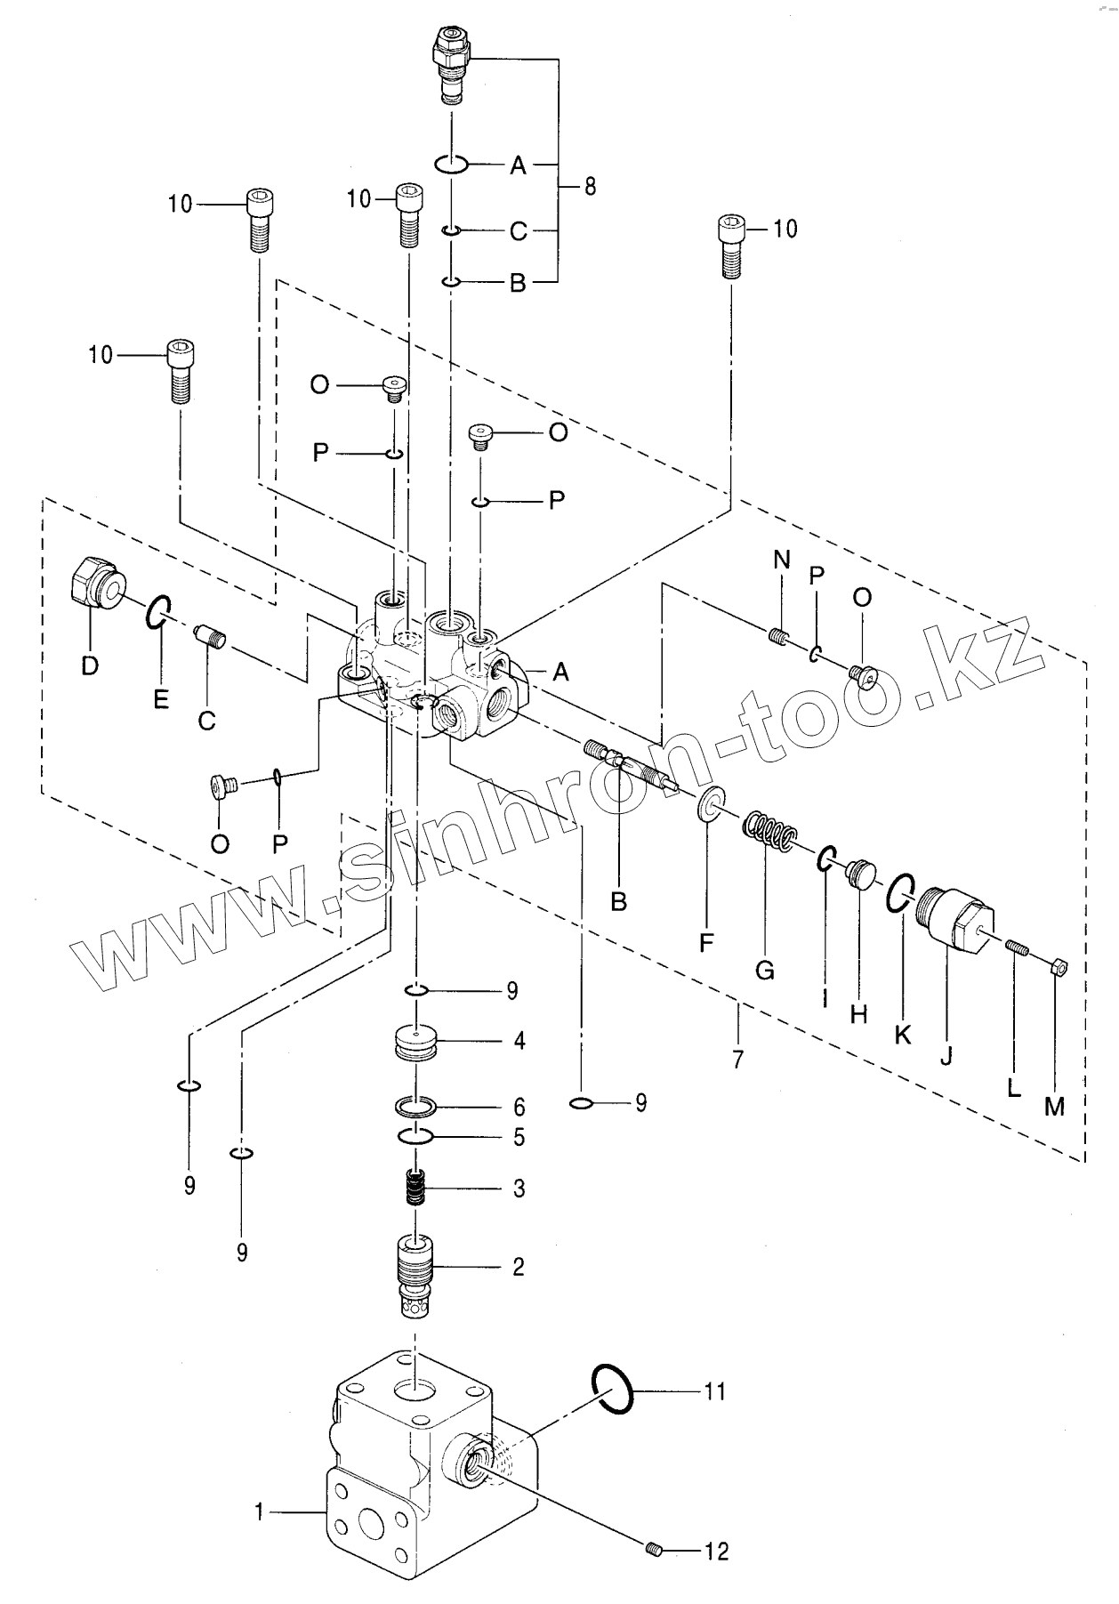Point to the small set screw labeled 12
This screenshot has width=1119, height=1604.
655,1552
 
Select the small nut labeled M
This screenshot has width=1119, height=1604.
1058,967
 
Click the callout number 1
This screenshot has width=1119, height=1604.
260,1511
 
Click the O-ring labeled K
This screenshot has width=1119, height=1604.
898,891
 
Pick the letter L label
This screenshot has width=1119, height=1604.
1013,1089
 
